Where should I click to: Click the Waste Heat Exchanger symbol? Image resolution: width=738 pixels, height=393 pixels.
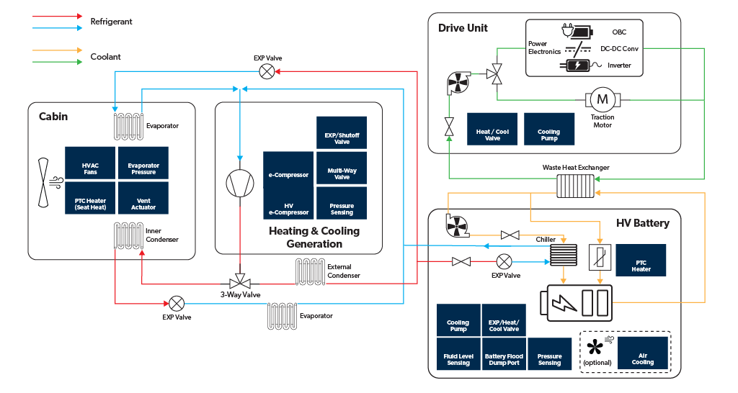click(576, 185)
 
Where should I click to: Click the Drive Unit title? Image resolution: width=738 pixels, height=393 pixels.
click(463, 28)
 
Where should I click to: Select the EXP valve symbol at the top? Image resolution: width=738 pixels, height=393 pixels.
click(267, 71)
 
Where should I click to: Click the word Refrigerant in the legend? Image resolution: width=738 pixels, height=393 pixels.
click(111, 22)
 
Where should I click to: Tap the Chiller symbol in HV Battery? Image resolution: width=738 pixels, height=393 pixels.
click(563, 256)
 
